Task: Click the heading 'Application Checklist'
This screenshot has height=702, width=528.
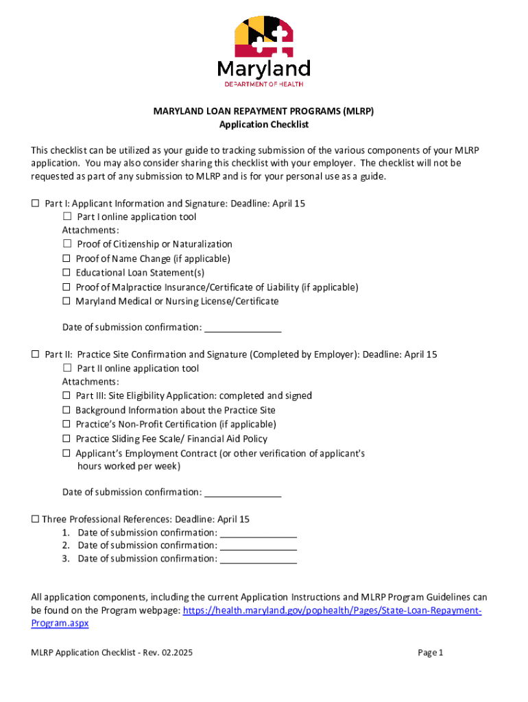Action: [x=264, y=125]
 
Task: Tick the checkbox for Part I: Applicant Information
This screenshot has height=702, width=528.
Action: [x=35, y=204]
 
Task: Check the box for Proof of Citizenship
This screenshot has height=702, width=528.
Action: [x=67, y=244]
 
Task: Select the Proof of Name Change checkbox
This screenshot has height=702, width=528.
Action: [x=67, y=258]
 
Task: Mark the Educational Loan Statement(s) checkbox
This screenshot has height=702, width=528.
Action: [x=67, y=273]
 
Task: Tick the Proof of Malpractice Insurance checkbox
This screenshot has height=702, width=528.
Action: [x=67, y=287]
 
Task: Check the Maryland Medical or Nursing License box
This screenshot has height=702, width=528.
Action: [x=67, y=301]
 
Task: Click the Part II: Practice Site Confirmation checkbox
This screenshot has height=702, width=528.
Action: [x=35, y=354]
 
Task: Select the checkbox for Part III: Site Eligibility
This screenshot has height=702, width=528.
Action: [x=67, y=396]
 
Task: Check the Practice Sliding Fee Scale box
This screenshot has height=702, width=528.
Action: [x=67, y=439]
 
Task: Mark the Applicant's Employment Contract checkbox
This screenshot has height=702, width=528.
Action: [x=67, y=453]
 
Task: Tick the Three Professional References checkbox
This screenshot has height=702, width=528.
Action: [x=35, y=520]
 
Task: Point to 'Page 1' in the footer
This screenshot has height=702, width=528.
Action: [x=431, y=653]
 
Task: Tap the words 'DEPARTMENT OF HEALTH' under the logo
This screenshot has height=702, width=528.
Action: [x=264, y=84]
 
